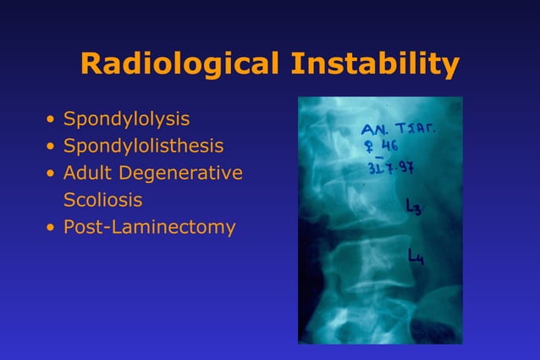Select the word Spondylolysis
(x=126, y=119)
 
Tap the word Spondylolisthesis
(x=143, y=147)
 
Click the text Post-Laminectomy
(x=149, y=228)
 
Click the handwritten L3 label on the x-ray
(x=414, y=208)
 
